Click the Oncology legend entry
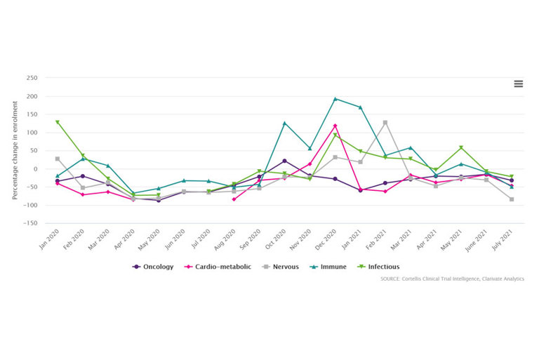point(153,267)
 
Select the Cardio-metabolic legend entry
point(218,267)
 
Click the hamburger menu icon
point(518,84)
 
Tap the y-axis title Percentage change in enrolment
point(15,150)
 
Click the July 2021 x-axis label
point(504,241)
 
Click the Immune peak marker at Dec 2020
point(335,99)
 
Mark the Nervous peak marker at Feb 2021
point(385,123)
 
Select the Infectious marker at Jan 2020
point(58,122)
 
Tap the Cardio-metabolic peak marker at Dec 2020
point(335,126)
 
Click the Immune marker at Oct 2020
point(284,124)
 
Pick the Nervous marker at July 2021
point(512,199)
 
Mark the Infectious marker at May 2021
point(461,147)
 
